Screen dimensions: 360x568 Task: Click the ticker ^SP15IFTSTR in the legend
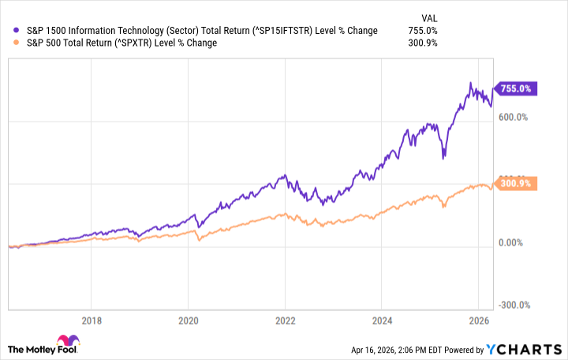[x=278, y=30]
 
